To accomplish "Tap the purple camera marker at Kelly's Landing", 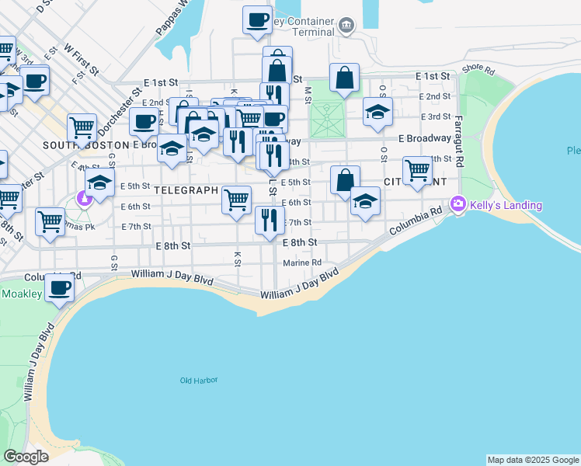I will coord(458,203).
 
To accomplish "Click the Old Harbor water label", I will coord(199,380).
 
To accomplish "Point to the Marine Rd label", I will coord(302,263).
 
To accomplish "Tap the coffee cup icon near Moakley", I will coord(59,287).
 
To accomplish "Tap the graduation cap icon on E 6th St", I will coord(365,200).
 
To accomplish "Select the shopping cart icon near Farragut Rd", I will coord(417,171).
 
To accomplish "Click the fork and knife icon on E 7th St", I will coord(270,220).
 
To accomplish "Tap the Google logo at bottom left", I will coord(26,457).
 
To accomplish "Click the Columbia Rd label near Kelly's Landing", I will coord(416,221).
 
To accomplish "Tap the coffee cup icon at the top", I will coord(257,20).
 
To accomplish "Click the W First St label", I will coord(82,59).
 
